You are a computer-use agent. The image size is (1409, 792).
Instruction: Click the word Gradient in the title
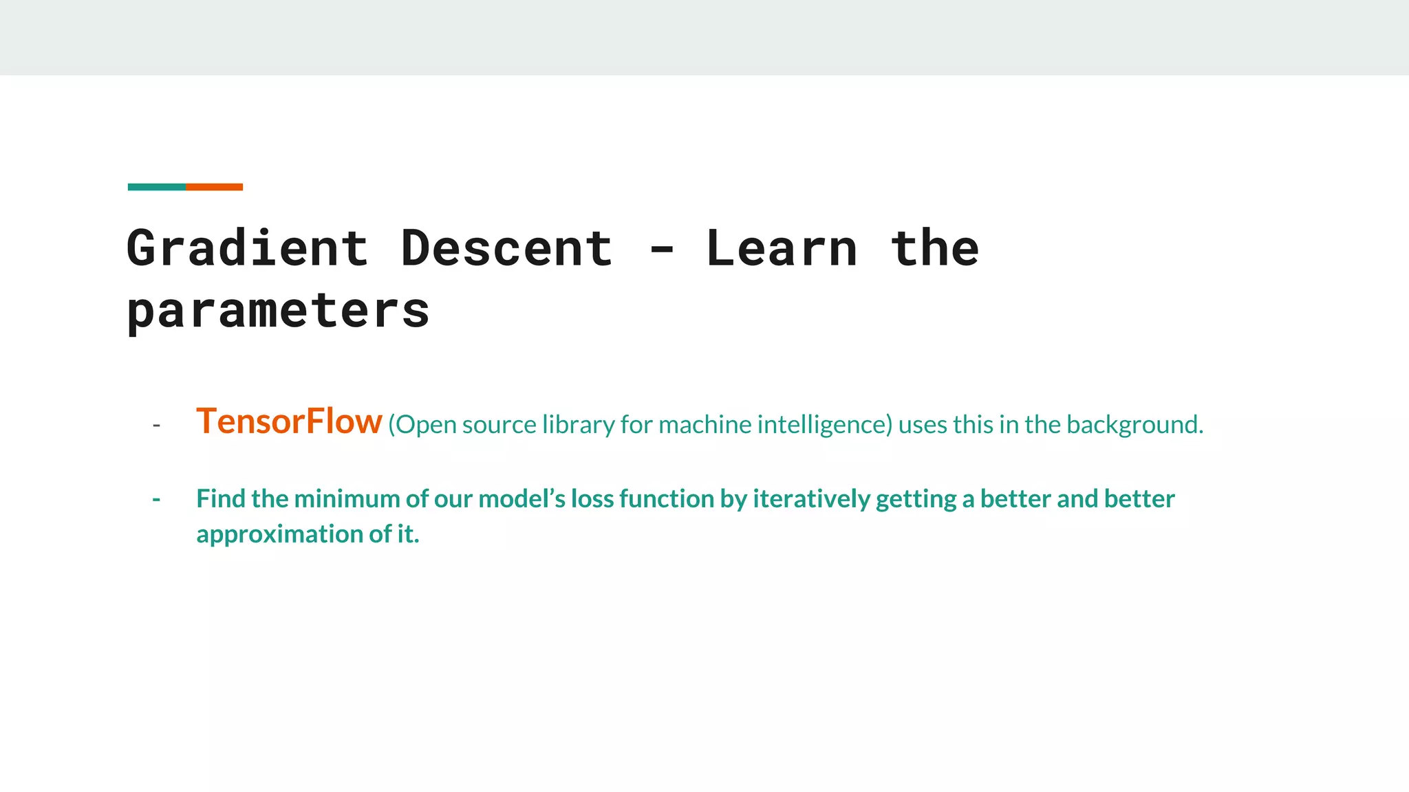click(x=248, y=249)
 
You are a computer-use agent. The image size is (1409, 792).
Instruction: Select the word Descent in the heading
click(x=506, y=249)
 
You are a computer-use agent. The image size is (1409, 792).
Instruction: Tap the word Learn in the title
click(x=782, y=249)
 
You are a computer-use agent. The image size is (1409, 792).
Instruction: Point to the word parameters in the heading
click(x=278, y=311)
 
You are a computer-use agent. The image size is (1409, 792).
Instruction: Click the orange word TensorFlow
click(x=289, y=421)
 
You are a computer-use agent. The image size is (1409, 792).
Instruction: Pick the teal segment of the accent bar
click(x=157, y=187)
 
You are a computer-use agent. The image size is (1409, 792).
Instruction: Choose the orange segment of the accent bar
click(x=214, y=187)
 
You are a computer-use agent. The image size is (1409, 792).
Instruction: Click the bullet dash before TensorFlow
click(x=157, y=426)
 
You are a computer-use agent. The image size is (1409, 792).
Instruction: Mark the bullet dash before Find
click(x=157, y=499)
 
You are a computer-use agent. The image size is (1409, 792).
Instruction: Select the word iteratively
click(x=812, y=499)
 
